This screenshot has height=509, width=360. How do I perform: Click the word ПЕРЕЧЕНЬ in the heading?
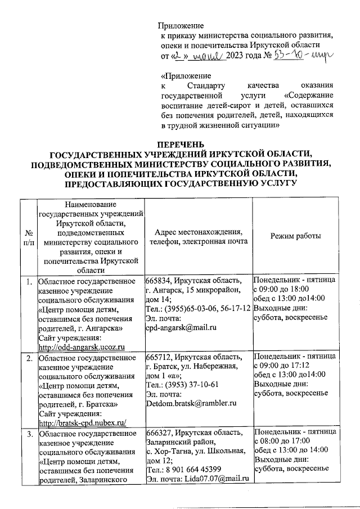[180, 145]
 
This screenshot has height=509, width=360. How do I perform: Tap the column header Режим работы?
[295, 237]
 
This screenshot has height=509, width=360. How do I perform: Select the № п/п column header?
[28, 237]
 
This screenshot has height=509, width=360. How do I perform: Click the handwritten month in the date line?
[209, 56]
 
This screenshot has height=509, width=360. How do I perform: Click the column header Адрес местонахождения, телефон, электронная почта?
[197, 237]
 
